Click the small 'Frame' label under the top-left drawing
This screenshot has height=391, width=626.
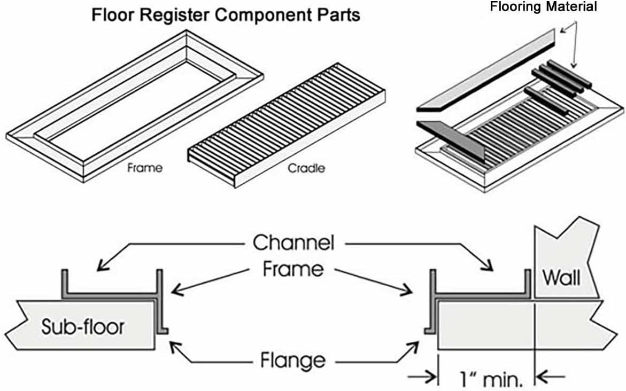[145, 168]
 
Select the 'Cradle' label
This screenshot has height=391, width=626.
[306, 168]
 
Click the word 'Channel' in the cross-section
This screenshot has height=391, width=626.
[293, 243]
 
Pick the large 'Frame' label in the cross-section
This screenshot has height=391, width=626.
[293, 269]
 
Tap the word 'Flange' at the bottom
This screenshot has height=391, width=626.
[292, 361]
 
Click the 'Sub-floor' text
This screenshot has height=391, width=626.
[82, 326]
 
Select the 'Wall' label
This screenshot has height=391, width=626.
[561, 278]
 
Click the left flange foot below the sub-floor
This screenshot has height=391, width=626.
[163, 331]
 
